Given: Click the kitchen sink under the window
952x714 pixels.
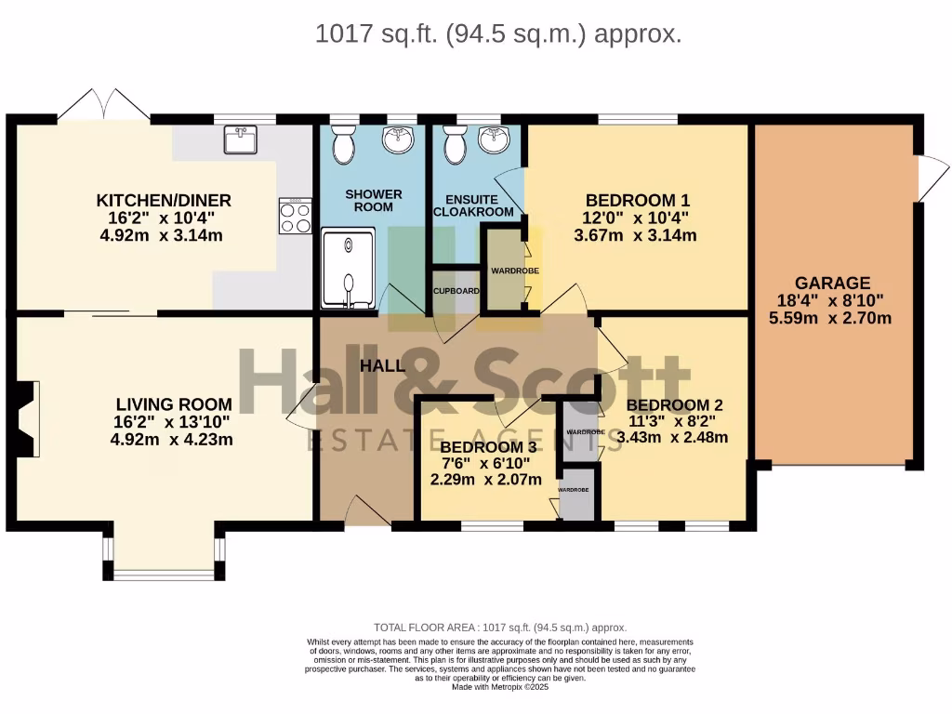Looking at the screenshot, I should click(x=241, y=140).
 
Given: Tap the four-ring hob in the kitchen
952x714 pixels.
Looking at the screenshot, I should click(x=296, y=217).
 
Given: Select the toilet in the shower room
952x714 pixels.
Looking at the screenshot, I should click(x=343, y=145).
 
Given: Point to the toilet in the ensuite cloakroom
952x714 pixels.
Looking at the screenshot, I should click(x=456, y=145).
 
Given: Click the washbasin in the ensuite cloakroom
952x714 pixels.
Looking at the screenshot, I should click(x=494, y=140).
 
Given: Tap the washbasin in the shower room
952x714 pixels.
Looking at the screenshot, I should click(x=401, y=140).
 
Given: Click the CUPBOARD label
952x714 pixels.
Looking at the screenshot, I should click(x=456, y=291).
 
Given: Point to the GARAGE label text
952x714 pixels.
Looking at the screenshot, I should click(x=832, y=283).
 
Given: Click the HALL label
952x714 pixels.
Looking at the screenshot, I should click(x=383, y=365).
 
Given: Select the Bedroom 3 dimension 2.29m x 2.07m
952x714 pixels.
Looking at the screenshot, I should click(x=485, y=481).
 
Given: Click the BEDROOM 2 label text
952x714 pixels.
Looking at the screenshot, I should click(x=674, y=405).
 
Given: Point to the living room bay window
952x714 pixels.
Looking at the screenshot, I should click(x=163, y=569).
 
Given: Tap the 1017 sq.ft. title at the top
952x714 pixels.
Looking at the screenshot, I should click(x=498, y=34).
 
